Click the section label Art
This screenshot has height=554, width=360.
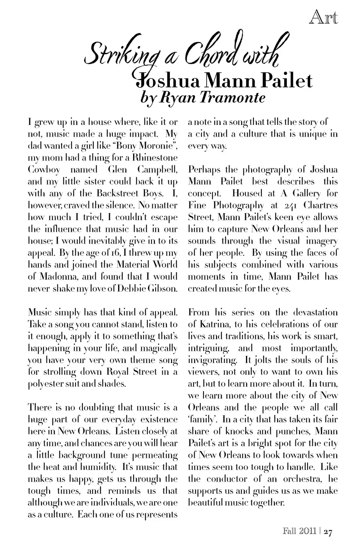pos(324,18)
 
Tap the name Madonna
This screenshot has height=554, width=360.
pos(60,277)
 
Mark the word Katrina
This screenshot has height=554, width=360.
pos(211,324)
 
